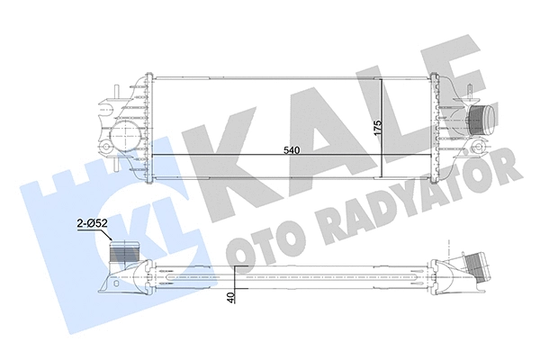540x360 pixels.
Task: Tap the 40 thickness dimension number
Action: click(x=231, y=297)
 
